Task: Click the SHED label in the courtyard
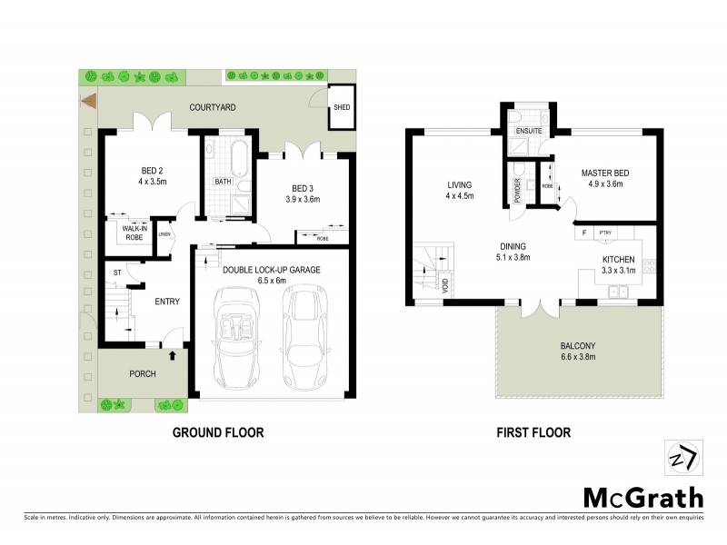coord(342,107)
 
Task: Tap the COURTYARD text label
coord(212,107)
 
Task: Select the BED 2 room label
coord(152,170)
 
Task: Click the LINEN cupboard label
coord(164,234)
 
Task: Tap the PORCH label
coord(143,373)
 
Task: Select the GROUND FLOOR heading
coord(218,433)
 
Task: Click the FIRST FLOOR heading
coord(533,433)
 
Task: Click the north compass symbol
coord(682,458)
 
